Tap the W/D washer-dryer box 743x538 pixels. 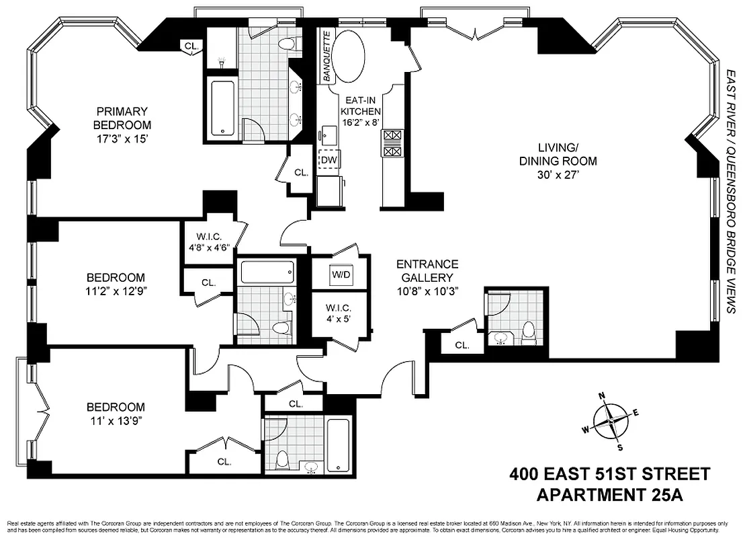coord(341,274)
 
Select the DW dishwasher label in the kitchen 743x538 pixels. coord(328,159)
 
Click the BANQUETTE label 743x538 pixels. coord(327,57)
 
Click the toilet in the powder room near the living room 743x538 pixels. coord(529,331)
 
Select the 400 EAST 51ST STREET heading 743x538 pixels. coord(609,474)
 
